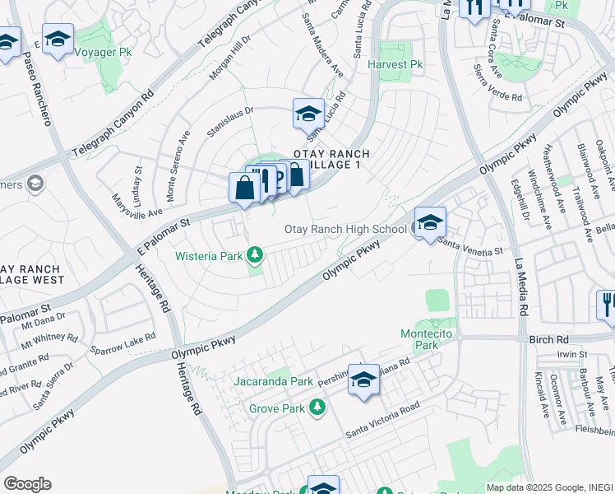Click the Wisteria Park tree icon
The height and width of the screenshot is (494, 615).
coord(256,255)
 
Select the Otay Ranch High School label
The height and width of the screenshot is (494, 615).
coord(345,229)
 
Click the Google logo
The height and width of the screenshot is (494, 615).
coord(27,484)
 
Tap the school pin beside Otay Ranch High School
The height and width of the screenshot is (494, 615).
coord(429,222)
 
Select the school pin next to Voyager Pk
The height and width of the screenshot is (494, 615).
coord(58,39)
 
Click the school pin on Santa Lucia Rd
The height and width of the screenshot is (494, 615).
coord(308,114)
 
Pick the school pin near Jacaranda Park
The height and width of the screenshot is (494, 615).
coord(363,380)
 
